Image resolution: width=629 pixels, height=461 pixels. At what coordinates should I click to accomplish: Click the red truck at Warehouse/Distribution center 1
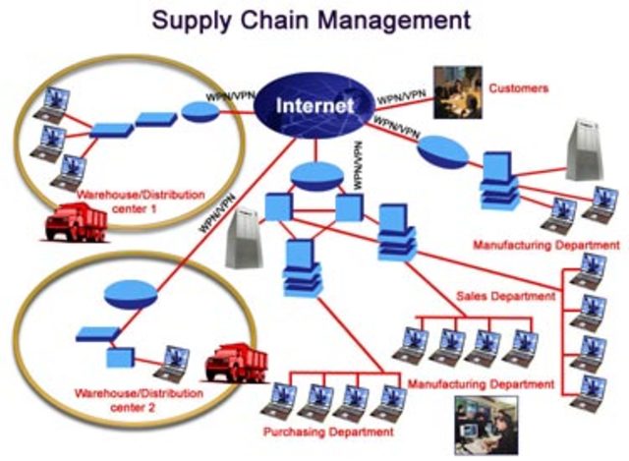76,222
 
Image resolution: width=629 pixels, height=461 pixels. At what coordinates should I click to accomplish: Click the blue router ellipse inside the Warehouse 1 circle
200,114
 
